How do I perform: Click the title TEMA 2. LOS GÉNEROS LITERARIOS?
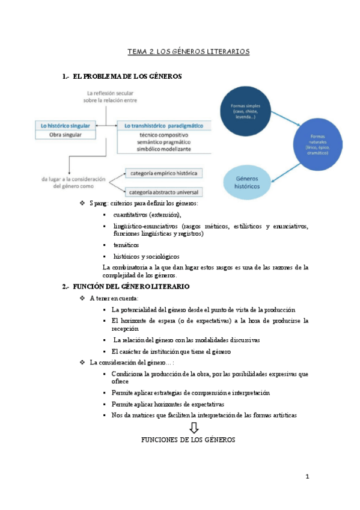tap(188, 52)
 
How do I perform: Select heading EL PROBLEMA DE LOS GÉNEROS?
tap(126, 76)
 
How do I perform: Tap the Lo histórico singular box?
tap(65, 126)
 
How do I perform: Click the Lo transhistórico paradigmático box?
tap(163, 126)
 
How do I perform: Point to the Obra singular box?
tap(65, 135)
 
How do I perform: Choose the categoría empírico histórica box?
tap(163, 173)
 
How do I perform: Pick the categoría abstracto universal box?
tap(163, 192)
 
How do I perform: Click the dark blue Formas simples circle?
tap(246, 110)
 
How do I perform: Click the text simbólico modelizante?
tap(163, 148)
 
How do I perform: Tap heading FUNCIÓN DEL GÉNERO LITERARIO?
tap(130, 286)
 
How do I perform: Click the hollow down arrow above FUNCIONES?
tap(194, 428)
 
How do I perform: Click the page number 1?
tap(307, 477)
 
